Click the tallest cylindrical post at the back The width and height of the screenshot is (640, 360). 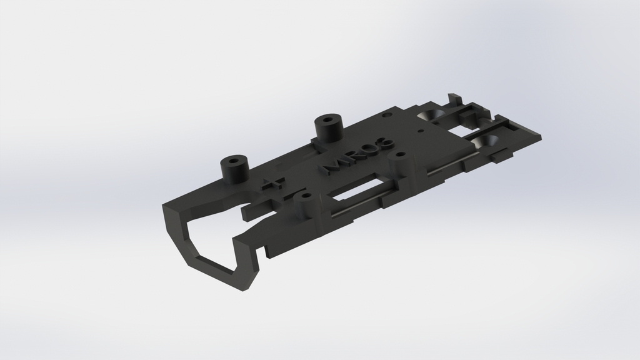coord(329,128)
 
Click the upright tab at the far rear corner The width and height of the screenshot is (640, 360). coord(454,99)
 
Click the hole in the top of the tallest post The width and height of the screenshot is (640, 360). coord(329,119)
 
